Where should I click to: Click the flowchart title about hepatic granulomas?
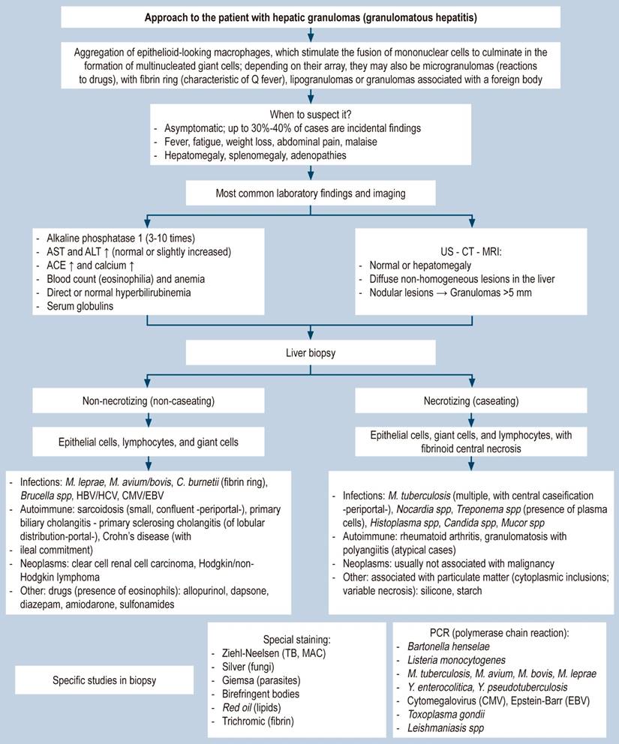(309, 16)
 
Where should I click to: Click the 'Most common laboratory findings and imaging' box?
(309, 193)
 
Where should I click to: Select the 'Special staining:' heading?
(296, 640)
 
